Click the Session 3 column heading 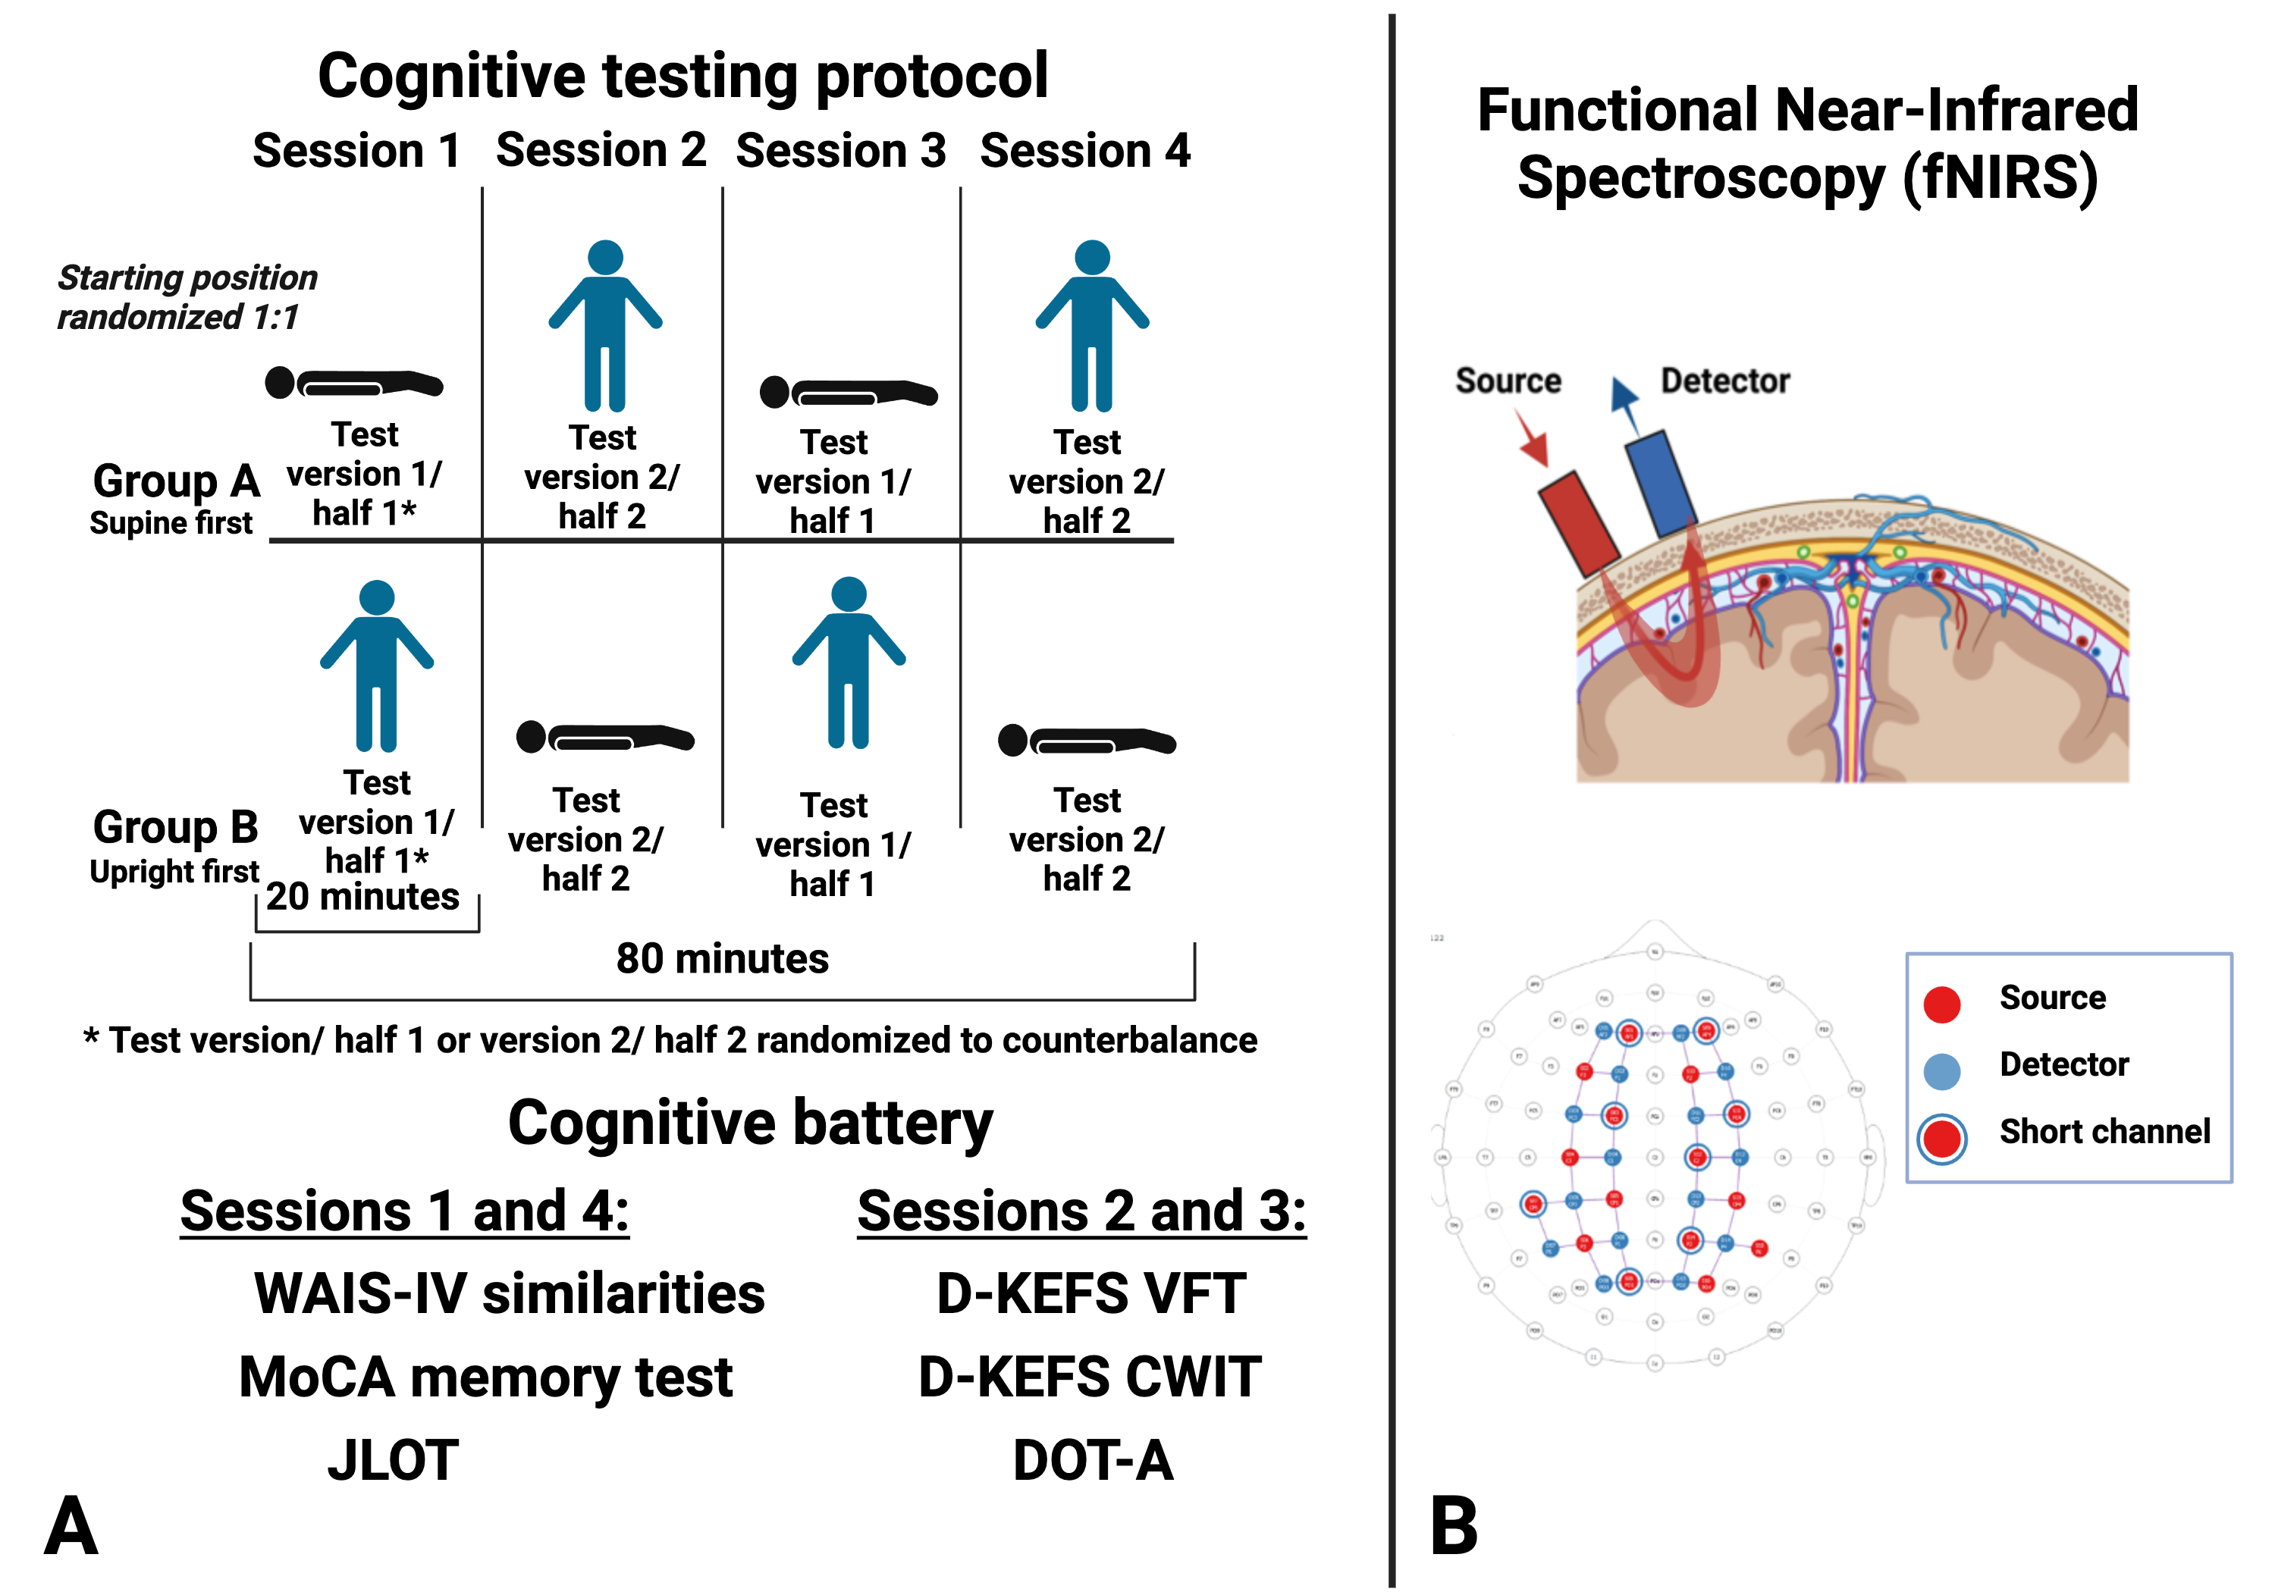coord(840,151)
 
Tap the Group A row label coord(175,482)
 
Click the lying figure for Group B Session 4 coord(1086,740)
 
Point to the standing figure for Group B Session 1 coord(377,666)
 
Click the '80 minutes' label coord(723,959)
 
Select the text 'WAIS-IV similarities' coord(510,1294)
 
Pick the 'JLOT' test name coord(394,1460)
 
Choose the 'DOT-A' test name coord(1093,1460)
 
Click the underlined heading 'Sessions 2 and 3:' coord(1081,1211)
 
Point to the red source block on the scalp coord(1578,523)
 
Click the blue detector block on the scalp coord(1661,484)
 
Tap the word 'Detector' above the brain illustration coord(1725,381)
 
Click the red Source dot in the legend coord(1941,1004)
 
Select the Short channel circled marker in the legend coord(1941,1138)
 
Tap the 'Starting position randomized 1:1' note coord(187,297)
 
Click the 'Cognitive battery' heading coord(750,1123)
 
